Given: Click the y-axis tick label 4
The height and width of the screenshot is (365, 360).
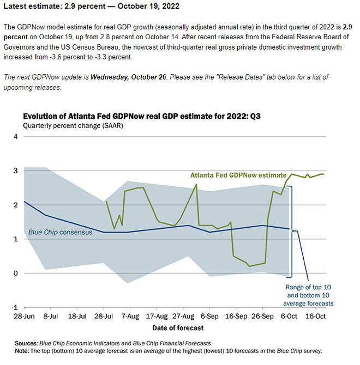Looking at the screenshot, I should click(x=16, y=136).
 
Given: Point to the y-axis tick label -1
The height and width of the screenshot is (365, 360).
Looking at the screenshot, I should click(x=15, y=307).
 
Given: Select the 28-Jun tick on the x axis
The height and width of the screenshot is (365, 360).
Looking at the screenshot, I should click(x=25, y=316).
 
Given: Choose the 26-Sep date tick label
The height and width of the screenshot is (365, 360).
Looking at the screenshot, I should click(x=263, y=316).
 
